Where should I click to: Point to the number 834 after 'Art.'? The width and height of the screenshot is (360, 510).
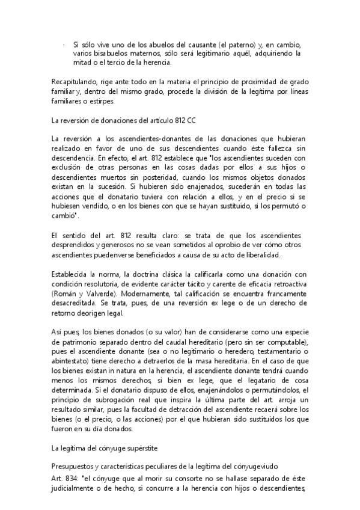[x=76, y=478]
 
